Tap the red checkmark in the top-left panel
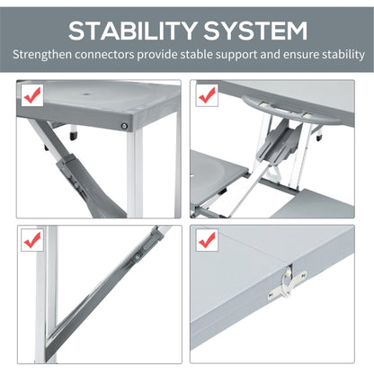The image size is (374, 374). pos(32,94)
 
